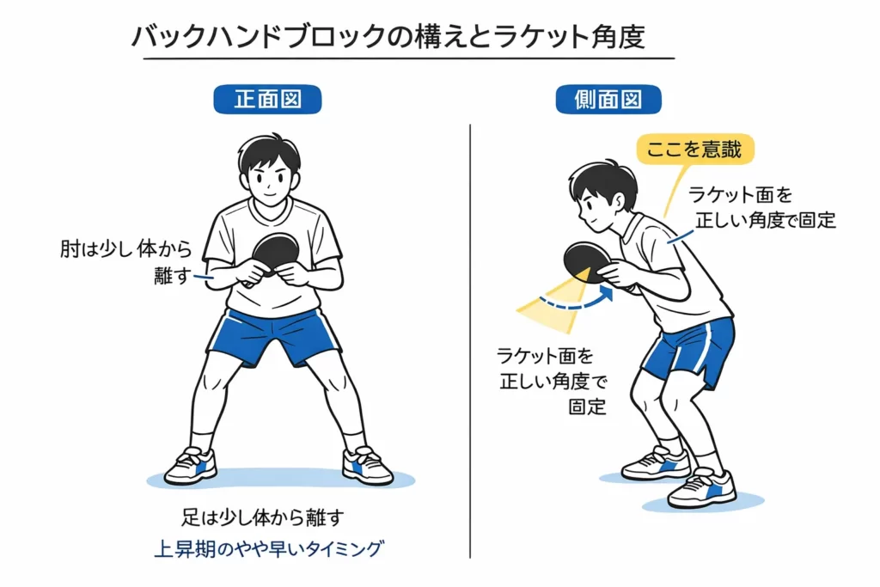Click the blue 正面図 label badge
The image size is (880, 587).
coord(267,100)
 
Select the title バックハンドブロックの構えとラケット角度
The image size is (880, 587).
coord(388,38)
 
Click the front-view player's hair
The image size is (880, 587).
coord(270,153)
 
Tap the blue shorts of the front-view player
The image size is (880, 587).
coord(273,335)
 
